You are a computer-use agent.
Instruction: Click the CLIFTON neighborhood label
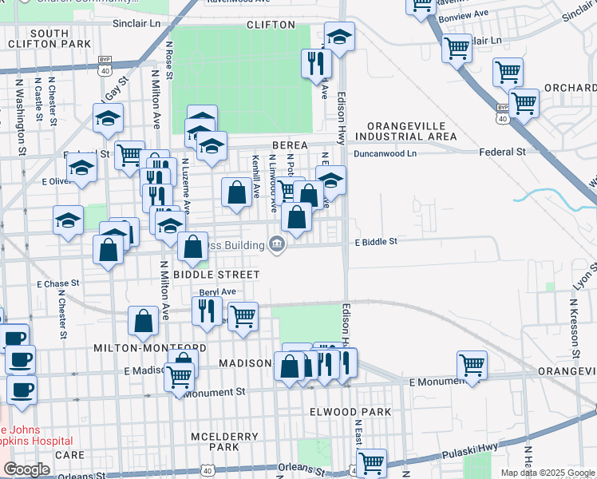[271, 25]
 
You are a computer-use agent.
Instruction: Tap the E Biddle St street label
[376, 240]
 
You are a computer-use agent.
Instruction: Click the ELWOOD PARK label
[350, 412]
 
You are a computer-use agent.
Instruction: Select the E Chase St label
[58, 283]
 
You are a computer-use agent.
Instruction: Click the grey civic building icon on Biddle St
[277, 244]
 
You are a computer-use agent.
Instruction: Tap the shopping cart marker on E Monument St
[472, 366]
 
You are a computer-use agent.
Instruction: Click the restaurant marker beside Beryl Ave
[207, 309]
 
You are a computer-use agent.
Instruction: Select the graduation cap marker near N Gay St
[108, 118]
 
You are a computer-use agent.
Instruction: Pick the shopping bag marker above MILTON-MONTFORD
[143, 320]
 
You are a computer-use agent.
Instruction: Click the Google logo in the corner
[26, 469]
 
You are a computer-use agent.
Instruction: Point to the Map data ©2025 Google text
[547, 473]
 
